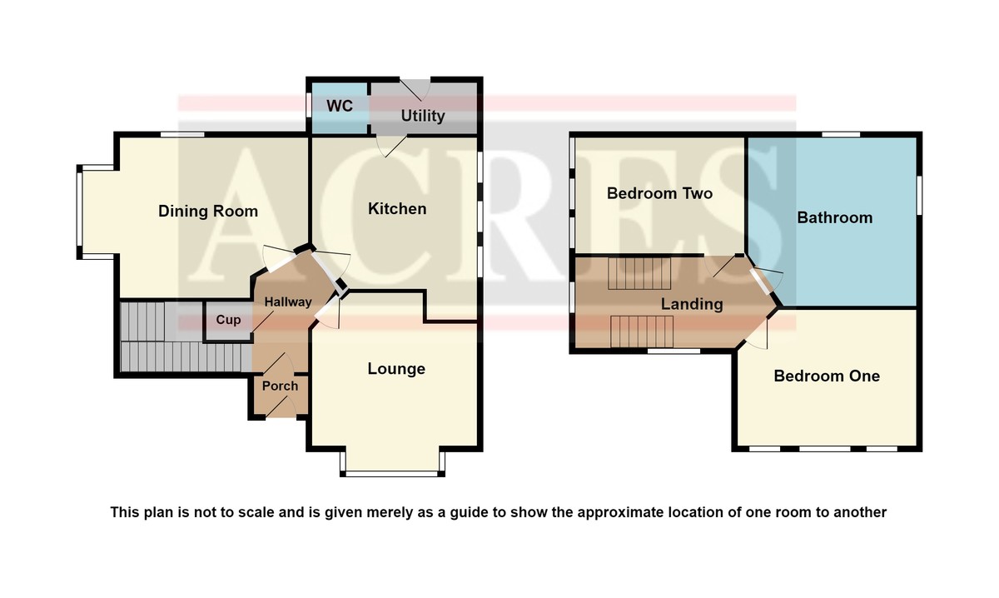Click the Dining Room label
(208, 211)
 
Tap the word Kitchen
(397, 209)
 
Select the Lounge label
(396, 369)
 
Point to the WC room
(340, 107)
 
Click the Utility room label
(423, 116)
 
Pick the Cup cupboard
(228, 320)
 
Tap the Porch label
(280, 386)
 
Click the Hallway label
(288, 302)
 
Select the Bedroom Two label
(659, 193)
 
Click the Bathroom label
(835, 217)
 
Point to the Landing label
(692, 304)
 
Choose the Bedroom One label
(827, 376)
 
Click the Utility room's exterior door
(415, 89)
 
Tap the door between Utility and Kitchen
(391, 146)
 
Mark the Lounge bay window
(392, 474)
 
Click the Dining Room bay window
(80, 212)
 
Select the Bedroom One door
(758, 334)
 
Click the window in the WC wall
(308, 105)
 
